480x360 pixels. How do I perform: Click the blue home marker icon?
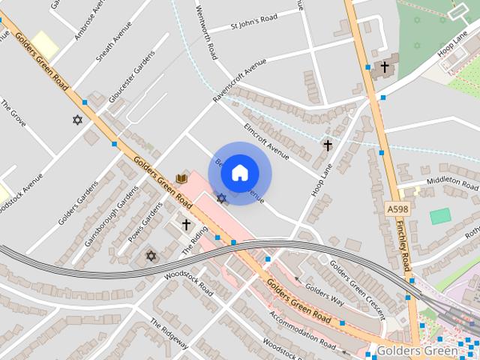tap(239, 173)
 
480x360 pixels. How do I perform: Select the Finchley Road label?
tap(405, 247)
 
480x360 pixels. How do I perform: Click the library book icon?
tap(181, 178)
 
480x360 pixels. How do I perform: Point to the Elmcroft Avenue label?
tap(266, 141)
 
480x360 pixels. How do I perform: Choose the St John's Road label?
tap(253, 19)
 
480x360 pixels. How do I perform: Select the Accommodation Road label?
tap(303, 330)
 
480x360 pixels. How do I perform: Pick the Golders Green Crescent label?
tap(356, 288)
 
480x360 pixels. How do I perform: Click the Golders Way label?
tap(325, 292)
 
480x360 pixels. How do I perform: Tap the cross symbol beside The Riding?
tap(186, 224)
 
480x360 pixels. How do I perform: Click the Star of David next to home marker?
tap(221, 198)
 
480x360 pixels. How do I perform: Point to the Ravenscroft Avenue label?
tap(239, 82)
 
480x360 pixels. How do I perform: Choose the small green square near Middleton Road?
tap(440, 216)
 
